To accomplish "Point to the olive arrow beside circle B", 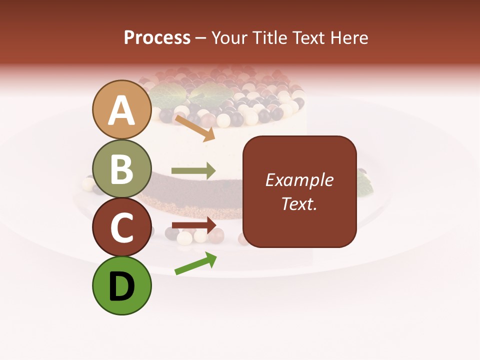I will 193,170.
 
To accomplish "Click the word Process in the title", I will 157,37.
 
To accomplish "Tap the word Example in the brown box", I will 299,180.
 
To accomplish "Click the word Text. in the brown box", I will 299,203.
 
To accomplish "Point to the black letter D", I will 122,287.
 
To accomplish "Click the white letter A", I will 122,111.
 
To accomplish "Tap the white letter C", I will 122,228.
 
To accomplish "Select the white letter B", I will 122,169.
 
